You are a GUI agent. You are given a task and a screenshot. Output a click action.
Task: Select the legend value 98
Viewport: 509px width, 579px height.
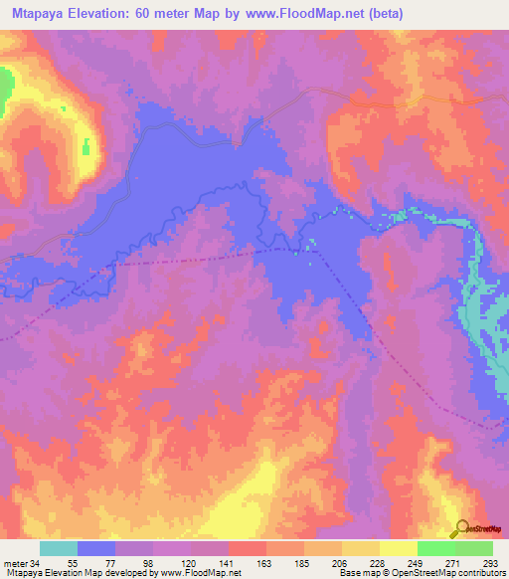pyautogui.click(x=135, y=563)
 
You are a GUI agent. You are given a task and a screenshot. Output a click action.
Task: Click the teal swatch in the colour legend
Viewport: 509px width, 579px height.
pyautogui.click(x=59, y=548)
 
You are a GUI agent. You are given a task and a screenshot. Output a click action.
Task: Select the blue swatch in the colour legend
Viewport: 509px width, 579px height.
pyautogui.click(x=96, y=548)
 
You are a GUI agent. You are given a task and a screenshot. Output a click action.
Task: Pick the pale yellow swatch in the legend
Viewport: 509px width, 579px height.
pyautogui.click(x=398, y=548)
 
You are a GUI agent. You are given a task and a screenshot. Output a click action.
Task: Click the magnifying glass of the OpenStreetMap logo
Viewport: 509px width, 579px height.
pyautogui.click(x=461, y=527)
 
